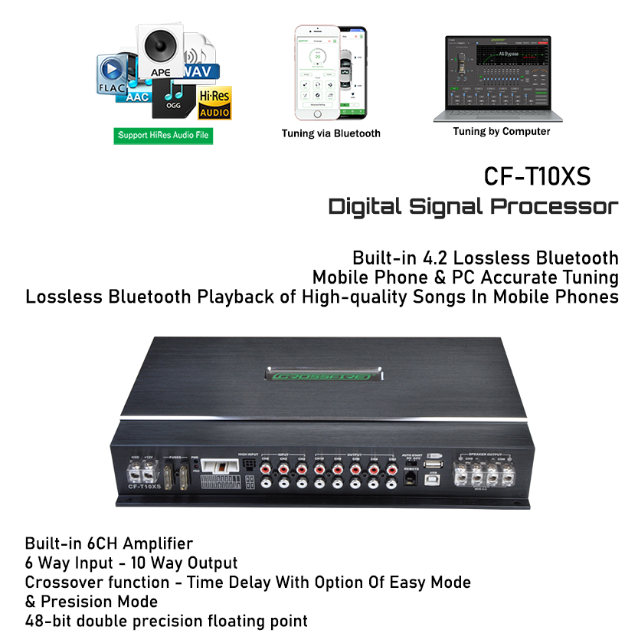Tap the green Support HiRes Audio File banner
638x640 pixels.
[163, 136]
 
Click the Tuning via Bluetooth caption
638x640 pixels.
[331, 133]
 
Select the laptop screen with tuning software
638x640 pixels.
[498, 73]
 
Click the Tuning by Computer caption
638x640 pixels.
[501, 131]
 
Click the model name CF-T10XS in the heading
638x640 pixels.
[537, 176]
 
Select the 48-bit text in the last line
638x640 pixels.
[48, 620]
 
